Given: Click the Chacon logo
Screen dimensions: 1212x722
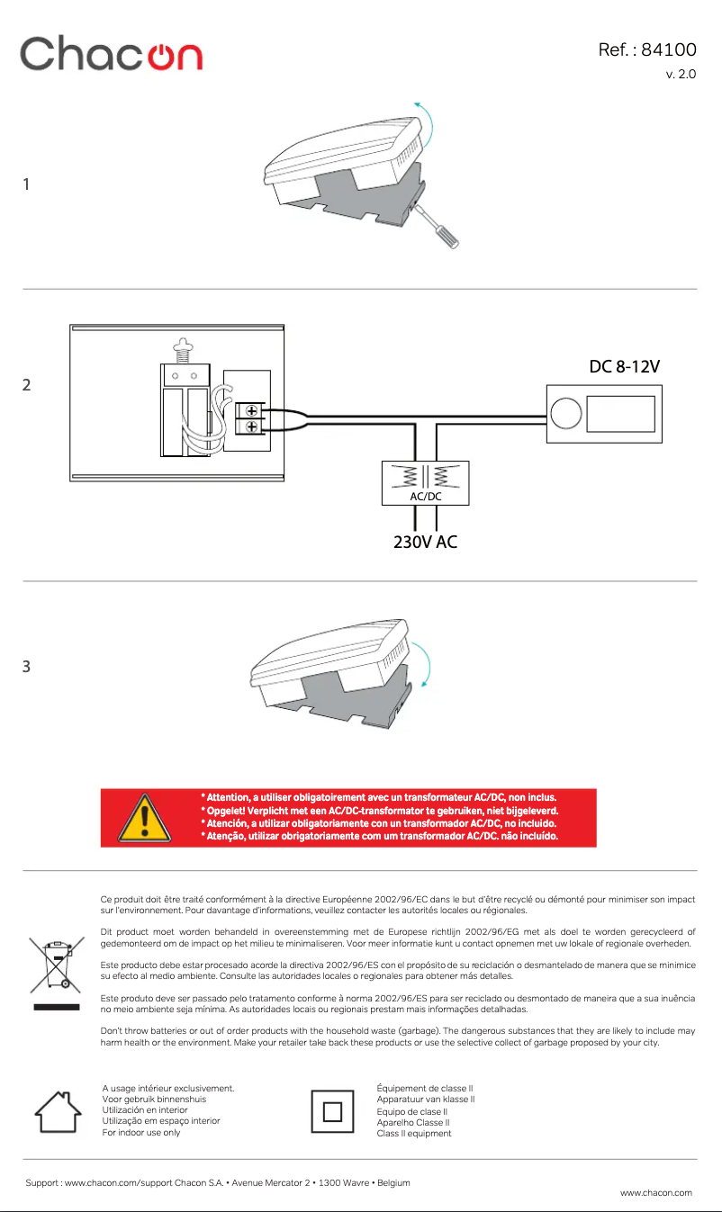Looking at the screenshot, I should tap(112, 54).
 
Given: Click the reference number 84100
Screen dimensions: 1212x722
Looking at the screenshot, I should tap(667, 49).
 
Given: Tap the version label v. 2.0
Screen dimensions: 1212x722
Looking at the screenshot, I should tap(681, 74).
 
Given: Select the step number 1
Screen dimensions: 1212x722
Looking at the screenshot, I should tap(26, 184).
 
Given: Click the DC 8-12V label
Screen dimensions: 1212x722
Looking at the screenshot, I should tap(626, 367).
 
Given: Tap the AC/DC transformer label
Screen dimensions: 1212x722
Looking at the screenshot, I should tap(425, 496).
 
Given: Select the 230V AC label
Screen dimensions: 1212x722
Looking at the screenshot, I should tap(425, 543).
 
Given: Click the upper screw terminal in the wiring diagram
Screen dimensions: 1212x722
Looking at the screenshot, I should tap(251, 410).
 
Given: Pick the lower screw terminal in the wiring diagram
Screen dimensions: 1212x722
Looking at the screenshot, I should tap(251, 426).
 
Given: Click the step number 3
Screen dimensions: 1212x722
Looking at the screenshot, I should tap(26, 667).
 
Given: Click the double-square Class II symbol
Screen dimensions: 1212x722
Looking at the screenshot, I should tap(332, 1112).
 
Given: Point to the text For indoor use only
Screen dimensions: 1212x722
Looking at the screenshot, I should tap(141, 1132).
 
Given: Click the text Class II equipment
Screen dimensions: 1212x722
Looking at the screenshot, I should tap(414, 1134).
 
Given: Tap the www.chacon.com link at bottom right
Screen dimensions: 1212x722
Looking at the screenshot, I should tap(656, 1192).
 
